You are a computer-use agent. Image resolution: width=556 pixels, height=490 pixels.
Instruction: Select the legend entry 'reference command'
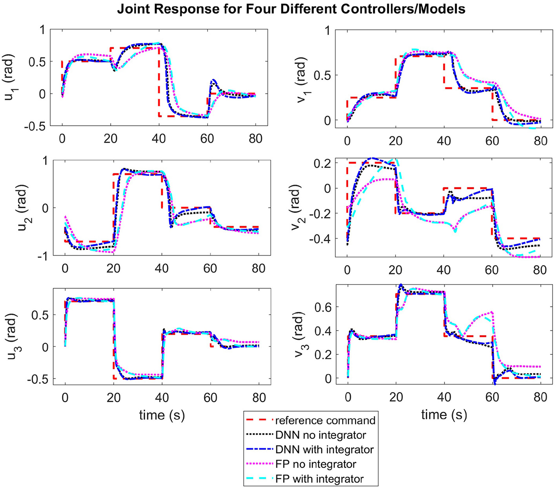point(325,420)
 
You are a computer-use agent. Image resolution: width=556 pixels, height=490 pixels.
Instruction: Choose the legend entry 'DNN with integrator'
point(324,450)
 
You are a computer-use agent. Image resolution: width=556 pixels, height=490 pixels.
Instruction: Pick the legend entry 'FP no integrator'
point(316,464)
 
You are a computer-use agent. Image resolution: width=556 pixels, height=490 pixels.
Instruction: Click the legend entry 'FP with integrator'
point(319,479)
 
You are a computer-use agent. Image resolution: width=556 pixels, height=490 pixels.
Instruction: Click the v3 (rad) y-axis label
point(301,337)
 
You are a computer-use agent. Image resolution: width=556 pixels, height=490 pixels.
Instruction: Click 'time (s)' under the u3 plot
point(162,415)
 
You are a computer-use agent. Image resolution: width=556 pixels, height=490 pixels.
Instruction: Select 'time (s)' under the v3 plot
point(444,415)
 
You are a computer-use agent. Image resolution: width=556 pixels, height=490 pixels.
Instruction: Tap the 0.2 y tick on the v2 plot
point(322,163)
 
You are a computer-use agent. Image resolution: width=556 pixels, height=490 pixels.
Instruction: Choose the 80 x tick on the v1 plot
point(540,141)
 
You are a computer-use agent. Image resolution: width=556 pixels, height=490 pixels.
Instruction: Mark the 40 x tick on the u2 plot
point(162,269)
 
